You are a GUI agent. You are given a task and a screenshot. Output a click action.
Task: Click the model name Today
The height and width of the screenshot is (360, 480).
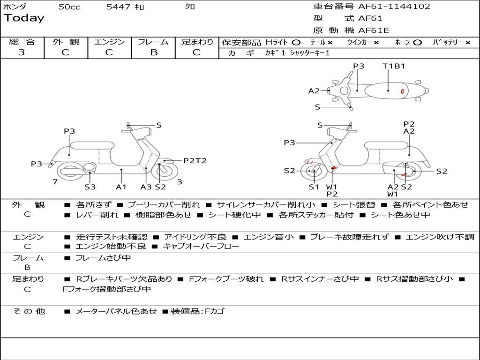tap(24, 18)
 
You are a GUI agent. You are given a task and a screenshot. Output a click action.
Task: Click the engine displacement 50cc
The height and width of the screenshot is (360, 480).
tap(69, 7)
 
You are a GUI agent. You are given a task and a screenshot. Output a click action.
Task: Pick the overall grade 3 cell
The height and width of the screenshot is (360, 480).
tap(22, 52)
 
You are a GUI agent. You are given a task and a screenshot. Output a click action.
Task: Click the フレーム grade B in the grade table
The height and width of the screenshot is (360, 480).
tap(153, 52)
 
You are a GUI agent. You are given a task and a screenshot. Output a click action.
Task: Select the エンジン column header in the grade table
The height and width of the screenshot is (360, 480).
tap(109, 42)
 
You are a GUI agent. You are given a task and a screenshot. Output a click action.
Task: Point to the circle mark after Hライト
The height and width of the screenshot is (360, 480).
tap(296, 42)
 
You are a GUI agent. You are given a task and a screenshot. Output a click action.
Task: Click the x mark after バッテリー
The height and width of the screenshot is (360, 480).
tap(467, 42)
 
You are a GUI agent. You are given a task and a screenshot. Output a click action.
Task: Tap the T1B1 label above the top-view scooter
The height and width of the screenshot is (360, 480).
tap(393, 66)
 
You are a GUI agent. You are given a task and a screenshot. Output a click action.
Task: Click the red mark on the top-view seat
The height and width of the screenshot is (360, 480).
tap(402, 91)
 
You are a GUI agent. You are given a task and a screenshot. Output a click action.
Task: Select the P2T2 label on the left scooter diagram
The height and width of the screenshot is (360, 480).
tap(195, 161)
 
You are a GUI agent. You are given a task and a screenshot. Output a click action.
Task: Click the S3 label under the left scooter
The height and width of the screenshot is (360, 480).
tap(90, 187)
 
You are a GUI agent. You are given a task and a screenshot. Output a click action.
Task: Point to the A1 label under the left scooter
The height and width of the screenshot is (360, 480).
tap(121, 187)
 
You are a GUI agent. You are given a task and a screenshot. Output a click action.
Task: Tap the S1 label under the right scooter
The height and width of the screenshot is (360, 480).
tap(314, 187)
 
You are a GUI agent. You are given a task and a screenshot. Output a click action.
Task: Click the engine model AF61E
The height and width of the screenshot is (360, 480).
tap(374, 30)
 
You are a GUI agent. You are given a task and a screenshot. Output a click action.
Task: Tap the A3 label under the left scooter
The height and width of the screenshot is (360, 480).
tap(146, 187)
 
